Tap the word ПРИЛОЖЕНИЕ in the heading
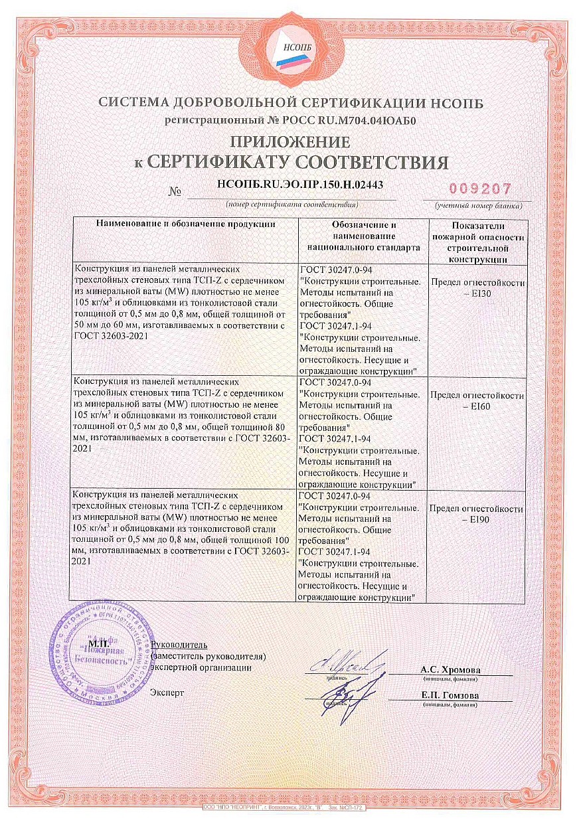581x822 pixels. tap(290, 141)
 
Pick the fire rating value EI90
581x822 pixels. tap(478, 520)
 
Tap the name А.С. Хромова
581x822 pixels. tap(450, 670)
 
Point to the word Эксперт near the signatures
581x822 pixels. tap(168, 693)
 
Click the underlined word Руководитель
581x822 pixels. tap(179, 645)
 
